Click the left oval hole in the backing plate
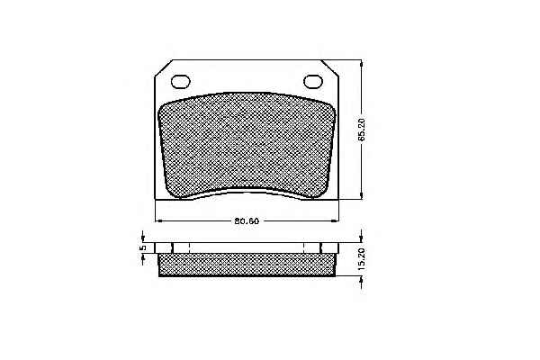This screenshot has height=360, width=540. [x=181, y=82]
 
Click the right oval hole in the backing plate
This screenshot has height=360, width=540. [x=313, y=82]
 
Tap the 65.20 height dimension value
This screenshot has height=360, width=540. [x=361, y=130]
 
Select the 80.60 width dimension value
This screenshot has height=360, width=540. [x=247, y=220]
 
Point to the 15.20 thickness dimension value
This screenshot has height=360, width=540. [x=361, y=258]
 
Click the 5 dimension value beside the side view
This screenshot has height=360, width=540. [x=143, y=247]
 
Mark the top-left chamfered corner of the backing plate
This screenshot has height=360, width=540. [x=163, y=68]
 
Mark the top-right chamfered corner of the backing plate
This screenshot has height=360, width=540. [x=330, y=68]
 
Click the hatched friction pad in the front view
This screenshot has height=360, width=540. [x=247, y=146]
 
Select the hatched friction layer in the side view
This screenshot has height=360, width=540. [x=247, y=265]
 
